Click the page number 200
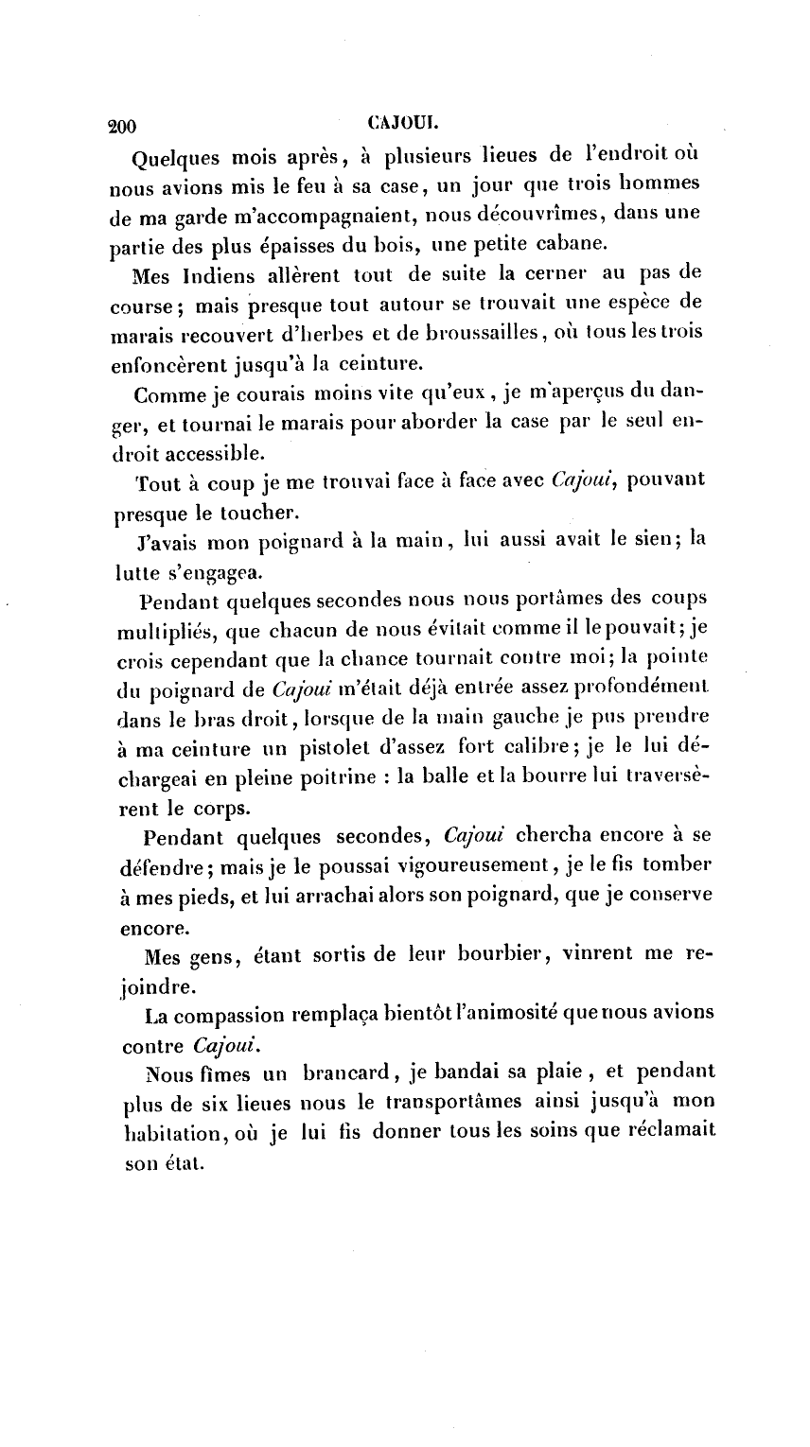[x=123, y=126]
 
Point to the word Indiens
[x=217, y=277]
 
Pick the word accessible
[x=197, y=454]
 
